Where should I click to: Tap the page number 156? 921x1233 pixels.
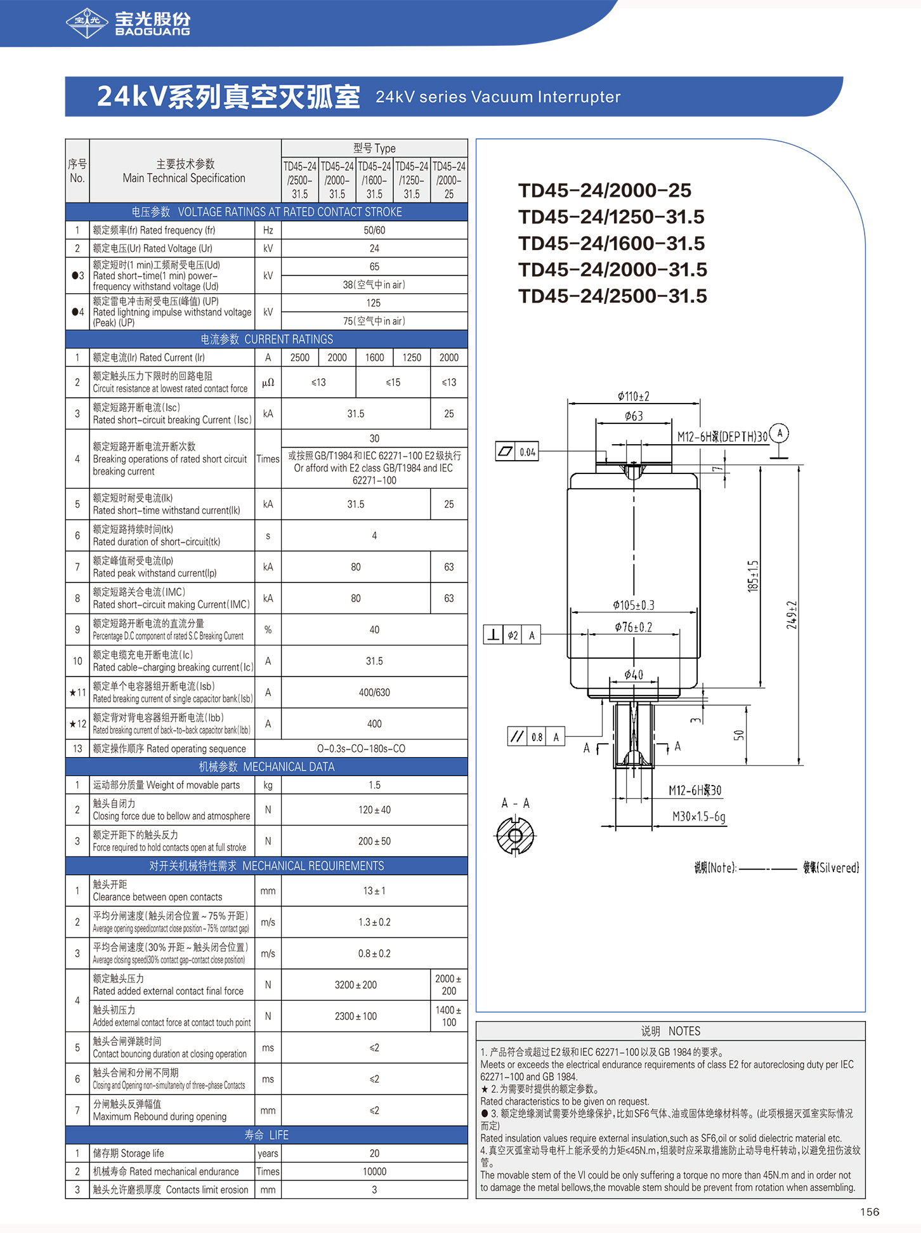870,1212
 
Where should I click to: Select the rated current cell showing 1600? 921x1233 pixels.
374,357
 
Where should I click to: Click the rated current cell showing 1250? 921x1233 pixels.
412,357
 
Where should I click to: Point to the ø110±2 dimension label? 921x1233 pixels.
633,397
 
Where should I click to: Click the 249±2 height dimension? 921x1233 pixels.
792,614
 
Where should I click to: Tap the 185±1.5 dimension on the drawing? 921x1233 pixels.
753,576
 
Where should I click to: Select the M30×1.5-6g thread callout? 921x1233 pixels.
699,816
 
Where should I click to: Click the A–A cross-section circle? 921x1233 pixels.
515,836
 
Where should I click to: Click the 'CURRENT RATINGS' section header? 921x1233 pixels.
266,340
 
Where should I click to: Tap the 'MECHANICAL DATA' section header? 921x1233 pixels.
266,767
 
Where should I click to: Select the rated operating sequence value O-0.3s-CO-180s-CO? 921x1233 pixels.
361,749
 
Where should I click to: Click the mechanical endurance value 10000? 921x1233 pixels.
374,1171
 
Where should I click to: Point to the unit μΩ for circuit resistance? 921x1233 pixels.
268,383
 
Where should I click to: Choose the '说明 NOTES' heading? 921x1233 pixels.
670,1031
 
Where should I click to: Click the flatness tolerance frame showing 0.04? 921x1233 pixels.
517,452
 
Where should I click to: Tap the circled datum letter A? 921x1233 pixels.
780,433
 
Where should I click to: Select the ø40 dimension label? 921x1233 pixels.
633,675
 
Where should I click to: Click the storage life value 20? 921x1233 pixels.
374,1153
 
